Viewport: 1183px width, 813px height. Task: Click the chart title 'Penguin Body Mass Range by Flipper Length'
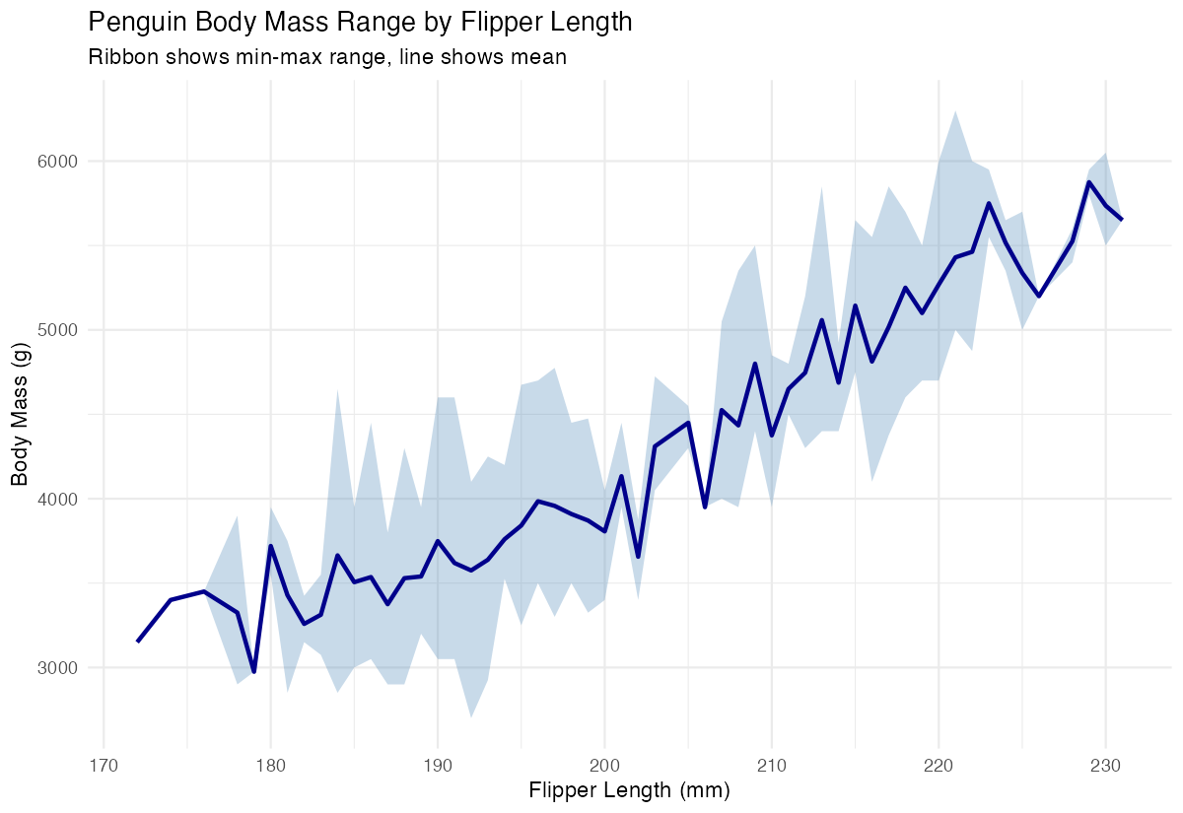(360, 22)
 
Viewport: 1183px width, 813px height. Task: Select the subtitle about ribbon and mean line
(327, 57)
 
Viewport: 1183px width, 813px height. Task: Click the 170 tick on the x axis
(104, 763)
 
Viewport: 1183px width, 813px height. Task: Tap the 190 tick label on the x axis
(438, 763)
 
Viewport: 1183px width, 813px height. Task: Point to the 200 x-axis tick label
(604, 763)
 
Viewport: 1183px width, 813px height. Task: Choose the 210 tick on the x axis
(772, 763)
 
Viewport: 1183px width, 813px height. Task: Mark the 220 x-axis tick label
(939, 763)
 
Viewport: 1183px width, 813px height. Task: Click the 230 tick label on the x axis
(1105, 763)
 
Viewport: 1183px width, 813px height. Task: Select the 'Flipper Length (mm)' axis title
(629, 790)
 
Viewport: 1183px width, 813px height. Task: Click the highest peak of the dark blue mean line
(1089, 182)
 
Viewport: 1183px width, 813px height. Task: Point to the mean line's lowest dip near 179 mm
(253, 671)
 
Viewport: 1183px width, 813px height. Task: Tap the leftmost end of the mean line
(138, 642)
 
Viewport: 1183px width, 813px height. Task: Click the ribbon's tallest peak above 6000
(955, 110)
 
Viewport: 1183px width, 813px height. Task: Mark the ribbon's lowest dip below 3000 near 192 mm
(471, 717)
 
